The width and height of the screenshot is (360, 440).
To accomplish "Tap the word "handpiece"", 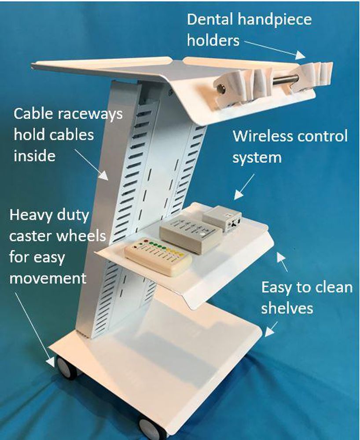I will [277, 20].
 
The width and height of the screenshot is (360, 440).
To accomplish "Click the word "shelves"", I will [287, 308].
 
